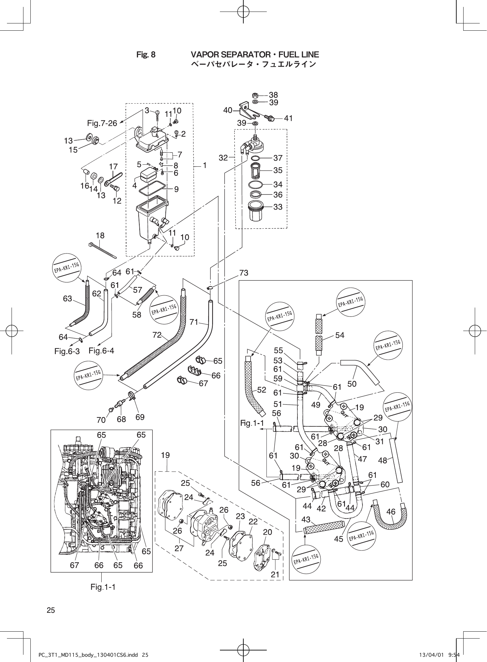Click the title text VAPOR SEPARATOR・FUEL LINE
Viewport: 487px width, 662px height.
255,54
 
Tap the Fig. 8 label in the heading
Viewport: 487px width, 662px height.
146,55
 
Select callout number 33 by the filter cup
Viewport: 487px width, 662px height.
278,207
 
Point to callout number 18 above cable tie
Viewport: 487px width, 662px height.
100,235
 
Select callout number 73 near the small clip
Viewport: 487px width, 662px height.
244,273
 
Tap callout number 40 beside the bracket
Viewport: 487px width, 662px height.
228,111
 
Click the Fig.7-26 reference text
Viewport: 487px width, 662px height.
102,123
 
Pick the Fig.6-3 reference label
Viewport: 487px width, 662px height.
67,351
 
